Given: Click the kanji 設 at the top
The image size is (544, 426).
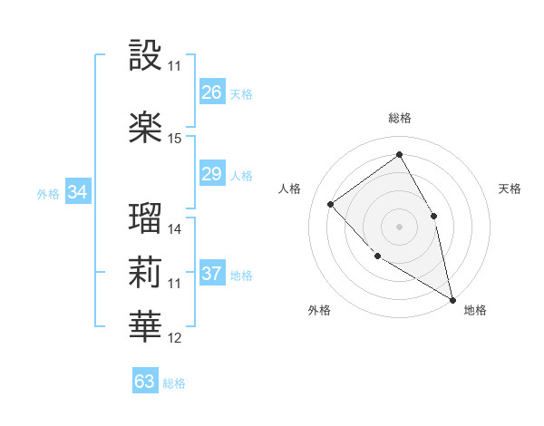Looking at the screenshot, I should [145, 55].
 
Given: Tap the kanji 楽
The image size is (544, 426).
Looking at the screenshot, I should [145, 127].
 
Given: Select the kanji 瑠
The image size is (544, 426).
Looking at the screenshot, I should [145, 218].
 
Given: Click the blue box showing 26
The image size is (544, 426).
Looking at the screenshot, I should [212, 92].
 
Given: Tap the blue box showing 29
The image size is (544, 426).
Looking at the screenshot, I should [212, 174].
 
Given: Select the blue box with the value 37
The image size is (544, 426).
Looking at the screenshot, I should [212, 274].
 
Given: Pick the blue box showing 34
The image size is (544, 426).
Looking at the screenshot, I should [78, 192].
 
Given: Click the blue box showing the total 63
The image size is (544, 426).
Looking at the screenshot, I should [145, 381].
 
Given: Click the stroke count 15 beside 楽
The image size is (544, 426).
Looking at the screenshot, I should [175, 139].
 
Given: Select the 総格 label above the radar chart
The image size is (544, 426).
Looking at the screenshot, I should [399, 118].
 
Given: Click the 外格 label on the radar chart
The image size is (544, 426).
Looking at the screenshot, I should [319, 310].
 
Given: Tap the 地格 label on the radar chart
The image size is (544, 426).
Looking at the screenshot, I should [475, 310].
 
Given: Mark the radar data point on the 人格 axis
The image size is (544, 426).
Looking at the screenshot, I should [331, 204].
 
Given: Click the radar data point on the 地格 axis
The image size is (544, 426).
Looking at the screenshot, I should [452, 300].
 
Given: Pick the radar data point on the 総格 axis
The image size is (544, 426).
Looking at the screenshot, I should [399, 155].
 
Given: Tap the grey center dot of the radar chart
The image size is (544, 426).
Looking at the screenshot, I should [399, 226].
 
